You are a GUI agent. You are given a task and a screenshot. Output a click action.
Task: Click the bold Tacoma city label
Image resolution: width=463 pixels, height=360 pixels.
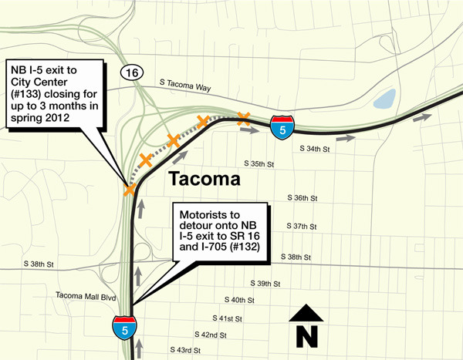coord(204,180)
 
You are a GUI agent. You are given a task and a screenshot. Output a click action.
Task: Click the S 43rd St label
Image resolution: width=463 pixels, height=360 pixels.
coord(185,350)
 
